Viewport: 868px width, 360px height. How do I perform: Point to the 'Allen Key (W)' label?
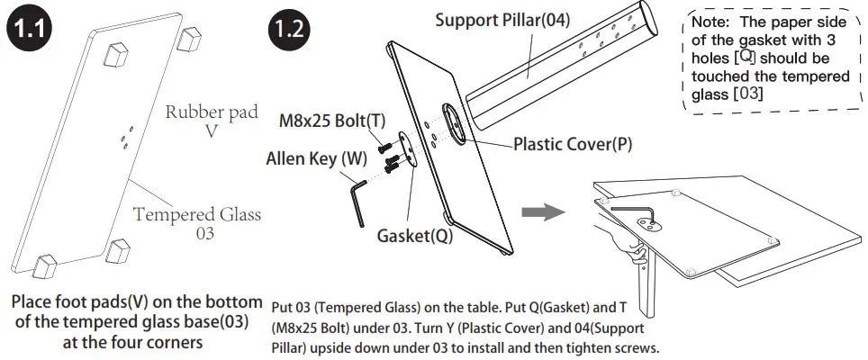[x=316, y=159]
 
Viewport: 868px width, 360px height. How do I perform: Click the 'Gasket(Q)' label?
[x=414, y=237]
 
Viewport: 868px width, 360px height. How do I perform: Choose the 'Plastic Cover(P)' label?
[x=572, y=144]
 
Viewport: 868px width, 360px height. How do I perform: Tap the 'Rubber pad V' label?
[x=212, y=121]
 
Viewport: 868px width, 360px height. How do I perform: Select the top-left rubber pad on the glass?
[x=114, y=56]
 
